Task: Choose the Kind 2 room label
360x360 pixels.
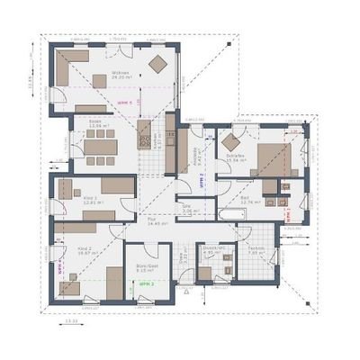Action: click(x=86, y=251)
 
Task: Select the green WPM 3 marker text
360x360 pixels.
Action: click(x=147, y=283)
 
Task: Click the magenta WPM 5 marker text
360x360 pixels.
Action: click(x=124, y=103)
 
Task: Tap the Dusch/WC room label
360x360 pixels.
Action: click(x=212, y=251)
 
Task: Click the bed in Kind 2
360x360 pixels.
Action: click(x=113, y=281)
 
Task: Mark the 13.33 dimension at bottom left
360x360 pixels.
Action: click(x=71, y=319)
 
